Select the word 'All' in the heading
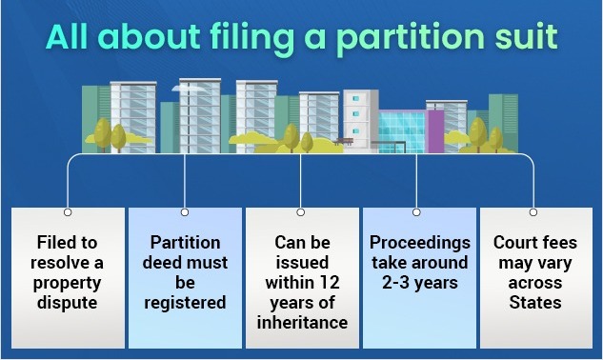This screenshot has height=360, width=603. pos(71,40)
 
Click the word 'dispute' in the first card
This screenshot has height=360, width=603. pos(68,304)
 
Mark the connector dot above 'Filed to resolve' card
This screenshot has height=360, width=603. pos(68,211)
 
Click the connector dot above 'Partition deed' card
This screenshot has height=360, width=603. pos(184,211)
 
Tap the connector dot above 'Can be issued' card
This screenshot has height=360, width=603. pos(300,211)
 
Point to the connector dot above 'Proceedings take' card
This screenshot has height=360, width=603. pos(416,211)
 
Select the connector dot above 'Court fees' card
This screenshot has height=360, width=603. pos(533,211)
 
